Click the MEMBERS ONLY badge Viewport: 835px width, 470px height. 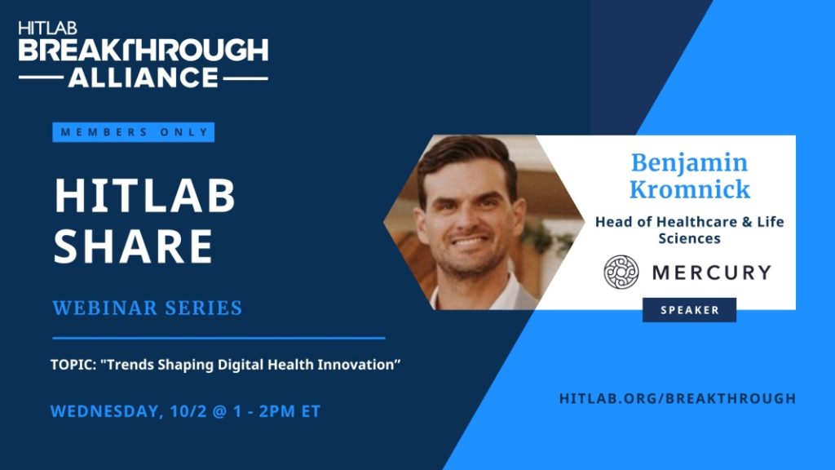[x=133, y=132]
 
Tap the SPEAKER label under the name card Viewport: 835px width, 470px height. [x=690, y=310]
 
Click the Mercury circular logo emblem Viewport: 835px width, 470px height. [x=621, y=272]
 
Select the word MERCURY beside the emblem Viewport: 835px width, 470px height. [x=711, y=273]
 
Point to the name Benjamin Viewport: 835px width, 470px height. [x=690, y=163]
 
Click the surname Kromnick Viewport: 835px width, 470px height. [x=690, y=189]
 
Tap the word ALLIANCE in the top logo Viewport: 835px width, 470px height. [x=144, y=78]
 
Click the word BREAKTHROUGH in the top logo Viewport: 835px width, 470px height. [x=144, y=50]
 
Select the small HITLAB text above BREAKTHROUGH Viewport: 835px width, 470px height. [x=47, y=29]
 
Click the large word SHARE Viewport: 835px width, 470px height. [x=134, y=246]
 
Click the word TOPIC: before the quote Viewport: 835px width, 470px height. [x=73, y=365]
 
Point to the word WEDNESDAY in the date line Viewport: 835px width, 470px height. [x=107, y=412]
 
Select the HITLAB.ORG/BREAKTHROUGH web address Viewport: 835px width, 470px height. [x=678, y=398]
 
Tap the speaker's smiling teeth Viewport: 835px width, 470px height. [x=470, y=243]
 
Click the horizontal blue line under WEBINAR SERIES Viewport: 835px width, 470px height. [x=219, y=338]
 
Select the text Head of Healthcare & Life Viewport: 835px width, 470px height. [x=690, y=222]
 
